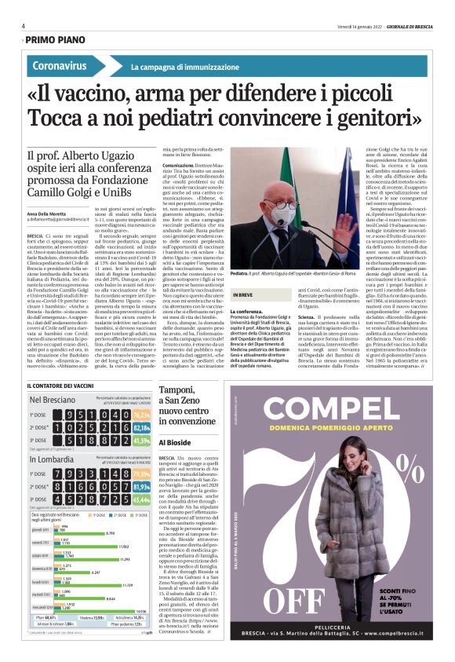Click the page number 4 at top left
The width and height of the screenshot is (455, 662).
pyautogui.click(x=23, y=26)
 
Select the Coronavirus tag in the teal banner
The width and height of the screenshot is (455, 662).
pyautogui.click(x=60, y=65)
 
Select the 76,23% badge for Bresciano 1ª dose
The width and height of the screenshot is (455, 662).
pyautogui.click(x=142, y=415)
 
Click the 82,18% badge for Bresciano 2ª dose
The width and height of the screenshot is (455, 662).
pyautogui.click(x=142, y=429)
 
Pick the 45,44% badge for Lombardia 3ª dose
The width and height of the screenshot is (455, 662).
pyautogui.click(x=142, y=499)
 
